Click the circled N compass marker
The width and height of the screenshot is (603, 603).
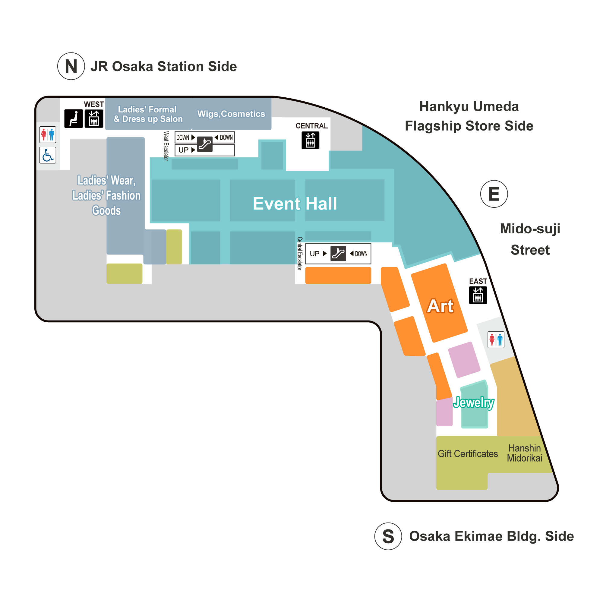click(71, 66)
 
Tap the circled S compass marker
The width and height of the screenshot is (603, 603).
click(388, 536)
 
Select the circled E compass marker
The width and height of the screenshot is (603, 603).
click(494, 194)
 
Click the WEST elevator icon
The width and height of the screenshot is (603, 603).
click(94, 118)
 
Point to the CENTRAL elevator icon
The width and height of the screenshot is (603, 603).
click(310, 140)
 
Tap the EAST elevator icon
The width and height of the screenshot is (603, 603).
click(478, 295)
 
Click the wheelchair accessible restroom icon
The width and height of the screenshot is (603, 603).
click(48, 155)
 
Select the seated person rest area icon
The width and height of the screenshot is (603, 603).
click(74, 118)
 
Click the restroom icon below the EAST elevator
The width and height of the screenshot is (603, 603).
click(496, 339)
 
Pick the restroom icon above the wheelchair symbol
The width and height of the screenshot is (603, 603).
click(48, 134)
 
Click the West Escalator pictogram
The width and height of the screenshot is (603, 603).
click(205, 144)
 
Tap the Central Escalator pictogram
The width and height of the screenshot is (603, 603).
click(338, 254)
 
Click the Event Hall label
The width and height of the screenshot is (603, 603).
click(295, 204)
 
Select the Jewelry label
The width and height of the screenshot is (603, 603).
click(473, 402)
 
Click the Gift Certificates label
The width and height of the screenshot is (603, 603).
click(468, 453)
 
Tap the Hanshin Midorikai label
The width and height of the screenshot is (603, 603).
click(524, 453)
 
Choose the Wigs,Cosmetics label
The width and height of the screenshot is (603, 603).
click(231, 114)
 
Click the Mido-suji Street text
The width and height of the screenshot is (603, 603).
click(530, 239)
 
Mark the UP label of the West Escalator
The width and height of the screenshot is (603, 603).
click(184, 150)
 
